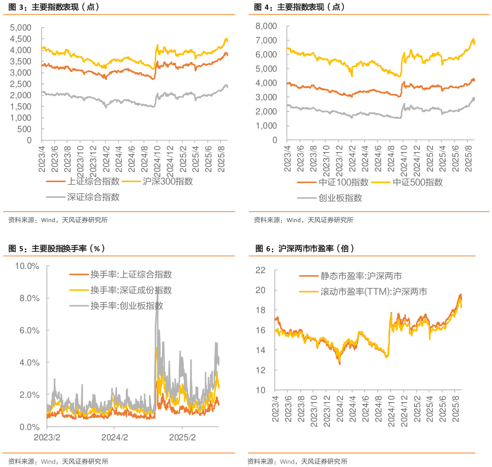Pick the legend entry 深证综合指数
tap(93, 197)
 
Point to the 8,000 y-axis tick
tap(268, 26)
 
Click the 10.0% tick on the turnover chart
tap(27, 266)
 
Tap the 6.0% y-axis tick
tap(29, 330)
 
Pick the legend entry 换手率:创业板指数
tap(126, 306)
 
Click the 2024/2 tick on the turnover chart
tap(114, 437)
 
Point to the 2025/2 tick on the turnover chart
tap(182, 437)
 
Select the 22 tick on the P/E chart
tap(260, 270)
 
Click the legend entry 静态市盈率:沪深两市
tap(360, 276)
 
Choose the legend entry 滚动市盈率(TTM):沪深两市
tap(373, 292)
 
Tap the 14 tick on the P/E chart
tap(260, 350)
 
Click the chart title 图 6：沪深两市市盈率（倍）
tap(305, 249)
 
